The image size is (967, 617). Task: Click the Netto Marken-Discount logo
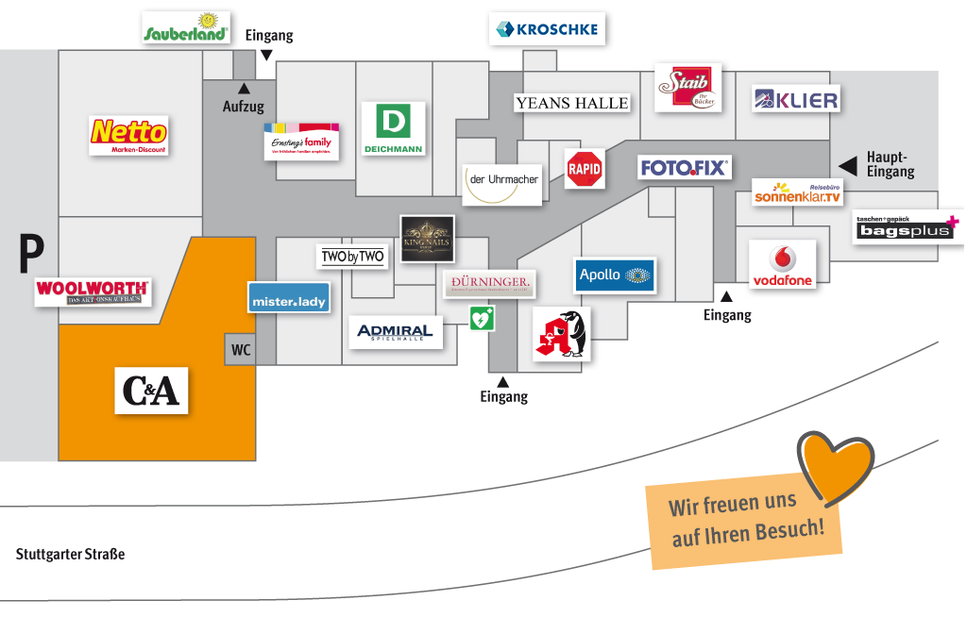pos(128,135)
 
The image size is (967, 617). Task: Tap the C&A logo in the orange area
pos(152,390)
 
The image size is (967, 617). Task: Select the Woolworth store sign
pos(93,292)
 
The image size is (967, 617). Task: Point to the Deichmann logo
pos(394,128)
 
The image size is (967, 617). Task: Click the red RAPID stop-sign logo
pos(585,169)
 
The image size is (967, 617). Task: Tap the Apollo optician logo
pos(615,275)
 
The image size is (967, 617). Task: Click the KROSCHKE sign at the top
pos(547,29)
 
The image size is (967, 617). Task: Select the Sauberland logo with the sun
pos(186,27)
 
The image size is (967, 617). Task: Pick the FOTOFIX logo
pos(685,168)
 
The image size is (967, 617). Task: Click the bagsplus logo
pos(907,227)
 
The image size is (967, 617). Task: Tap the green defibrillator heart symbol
pos(482,318)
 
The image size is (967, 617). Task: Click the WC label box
pos(241,350)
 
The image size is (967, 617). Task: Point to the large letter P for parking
pos(32,254)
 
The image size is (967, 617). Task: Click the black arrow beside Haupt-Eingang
pos(848,166)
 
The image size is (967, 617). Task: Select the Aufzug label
pos(244,107)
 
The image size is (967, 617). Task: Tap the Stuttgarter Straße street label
pos(71,554)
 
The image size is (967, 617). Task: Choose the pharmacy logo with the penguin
pos(561,334)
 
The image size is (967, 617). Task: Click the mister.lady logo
pos(289,298)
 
